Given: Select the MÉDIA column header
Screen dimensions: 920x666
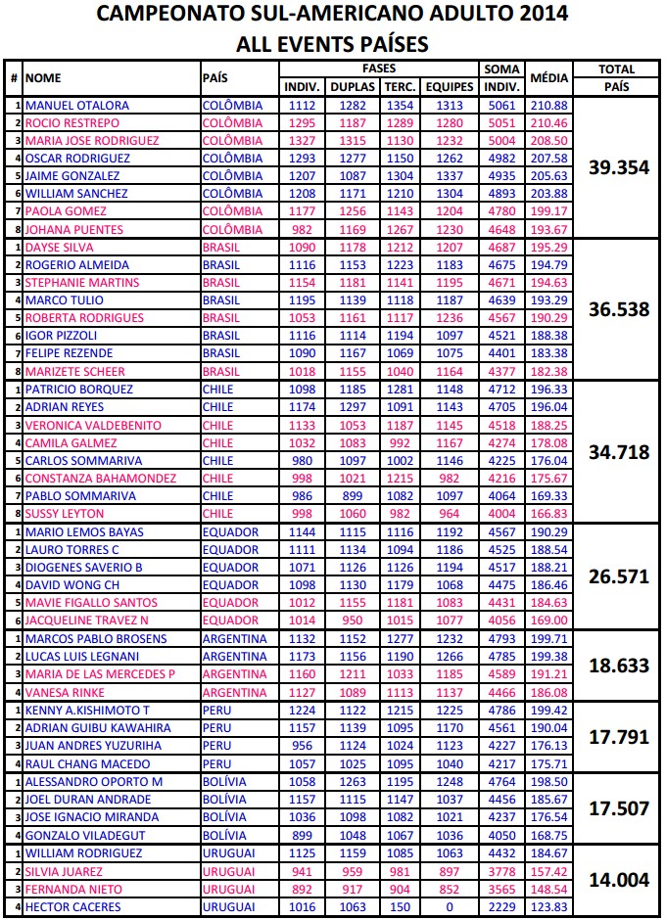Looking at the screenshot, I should [x=548, y=78].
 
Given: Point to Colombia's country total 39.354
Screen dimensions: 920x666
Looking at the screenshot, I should [x=619, y=167].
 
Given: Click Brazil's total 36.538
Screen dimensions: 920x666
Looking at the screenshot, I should [x=619, y=309].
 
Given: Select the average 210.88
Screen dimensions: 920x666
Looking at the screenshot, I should [x=548, y=105].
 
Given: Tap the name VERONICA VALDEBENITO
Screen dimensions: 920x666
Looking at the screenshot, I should [x=94, y=425].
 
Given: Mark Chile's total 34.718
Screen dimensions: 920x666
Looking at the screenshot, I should [x=619, y=451].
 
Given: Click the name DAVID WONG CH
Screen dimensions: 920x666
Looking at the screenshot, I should [x=73, y=585].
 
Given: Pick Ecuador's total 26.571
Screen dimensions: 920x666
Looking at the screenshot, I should [x=619, y=576].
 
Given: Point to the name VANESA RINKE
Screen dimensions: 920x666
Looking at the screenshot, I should [x=66, y=692].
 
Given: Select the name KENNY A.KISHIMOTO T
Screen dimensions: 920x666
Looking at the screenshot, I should [x=87, y=710].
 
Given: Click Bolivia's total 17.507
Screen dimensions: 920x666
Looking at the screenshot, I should [x=619, y=808].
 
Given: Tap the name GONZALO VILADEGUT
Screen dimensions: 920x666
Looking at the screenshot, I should [x=85, y=835].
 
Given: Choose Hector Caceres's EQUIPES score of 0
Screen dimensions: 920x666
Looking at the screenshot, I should [x=450, y=906].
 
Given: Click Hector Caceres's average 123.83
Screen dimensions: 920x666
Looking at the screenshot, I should [x=548, y=906].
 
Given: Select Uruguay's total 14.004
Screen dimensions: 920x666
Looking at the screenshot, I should [x=619, y=880].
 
